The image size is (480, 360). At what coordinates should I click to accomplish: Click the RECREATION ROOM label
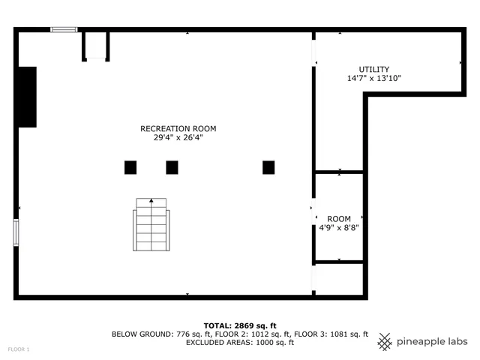pos(172,129)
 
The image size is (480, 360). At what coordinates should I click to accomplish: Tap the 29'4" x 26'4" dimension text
pos(172,138)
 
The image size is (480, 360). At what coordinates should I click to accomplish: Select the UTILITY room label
pos(373,70)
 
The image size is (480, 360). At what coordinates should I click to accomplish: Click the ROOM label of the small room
pos(339,219)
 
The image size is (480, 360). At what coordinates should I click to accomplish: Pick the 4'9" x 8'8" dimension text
pos(339,228)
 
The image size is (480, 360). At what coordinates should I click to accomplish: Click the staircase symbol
pos(151,226)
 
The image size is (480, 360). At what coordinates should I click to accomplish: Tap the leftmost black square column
pos(130,167)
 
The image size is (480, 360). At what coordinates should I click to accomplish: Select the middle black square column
pos(172,167)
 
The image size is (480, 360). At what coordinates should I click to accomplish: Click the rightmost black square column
pos(268,167)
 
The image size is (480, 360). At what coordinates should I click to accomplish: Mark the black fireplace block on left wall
pos(27,97)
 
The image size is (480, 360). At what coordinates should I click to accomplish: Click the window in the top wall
pos(64,30)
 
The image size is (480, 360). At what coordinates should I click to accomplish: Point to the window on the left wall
pos(16,232)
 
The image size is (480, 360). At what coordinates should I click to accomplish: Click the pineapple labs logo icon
pos(385,341)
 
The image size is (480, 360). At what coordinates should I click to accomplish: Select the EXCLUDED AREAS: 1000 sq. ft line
pos(239,343)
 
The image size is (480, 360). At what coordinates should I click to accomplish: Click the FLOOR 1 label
pos(19,349)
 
